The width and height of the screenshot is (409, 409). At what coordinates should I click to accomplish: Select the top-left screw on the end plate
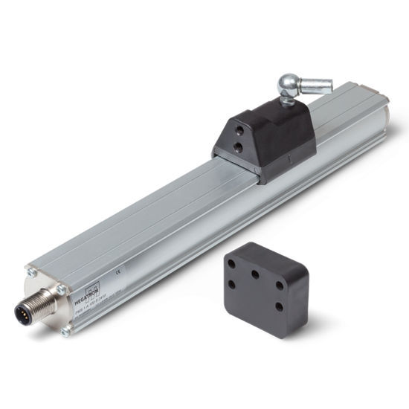tap(32, 273)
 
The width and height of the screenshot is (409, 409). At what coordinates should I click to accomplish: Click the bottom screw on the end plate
tap(65, 331)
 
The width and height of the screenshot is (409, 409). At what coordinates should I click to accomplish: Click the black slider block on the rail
tap(257, 138)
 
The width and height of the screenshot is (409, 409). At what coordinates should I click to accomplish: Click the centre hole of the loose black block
tap(255, 274)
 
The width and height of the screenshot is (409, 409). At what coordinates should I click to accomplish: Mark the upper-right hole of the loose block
tap(280, 285)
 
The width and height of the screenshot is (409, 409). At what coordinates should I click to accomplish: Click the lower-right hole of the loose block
tap(279, 306)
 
